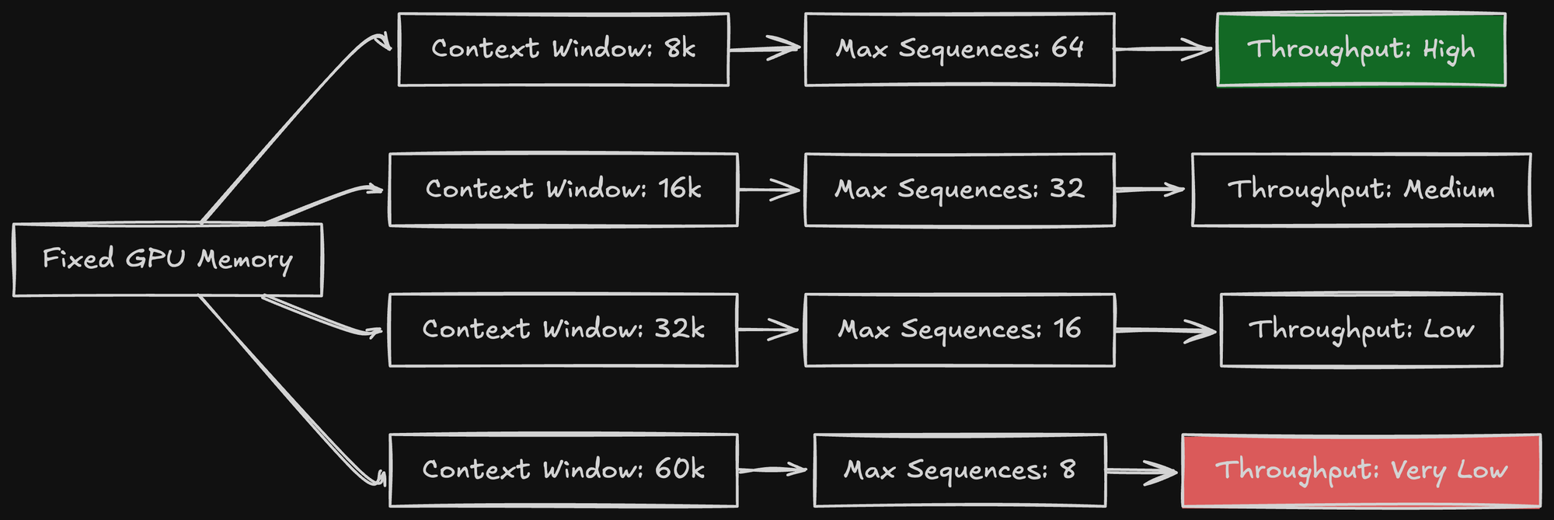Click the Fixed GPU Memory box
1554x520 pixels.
click(x=168, y=260)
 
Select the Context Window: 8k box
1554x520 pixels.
click(x=563, y=50)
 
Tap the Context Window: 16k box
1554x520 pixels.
click(x=563, y=190)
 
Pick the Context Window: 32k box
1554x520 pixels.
click(x=563, y=330)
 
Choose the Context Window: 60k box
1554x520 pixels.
click(x=563, y=470)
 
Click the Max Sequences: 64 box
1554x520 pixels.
click(x=960, y=50)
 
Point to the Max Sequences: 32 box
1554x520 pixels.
click(x=960, y=190)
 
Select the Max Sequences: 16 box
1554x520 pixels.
click(x=960, y=330)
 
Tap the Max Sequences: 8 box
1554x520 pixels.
click(x=960, y=470)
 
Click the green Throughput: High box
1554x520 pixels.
click(x=1361, y=50)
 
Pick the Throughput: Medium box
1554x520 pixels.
click(x=1361, y=190)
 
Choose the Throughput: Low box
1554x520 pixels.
click(x=1361, y=330)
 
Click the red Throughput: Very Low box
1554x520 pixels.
click(x=1361, y=470)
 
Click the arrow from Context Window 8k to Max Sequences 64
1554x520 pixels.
click(x=766, y=49)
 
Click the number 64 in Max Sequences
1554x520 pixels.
click(x=1068, y=48)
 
